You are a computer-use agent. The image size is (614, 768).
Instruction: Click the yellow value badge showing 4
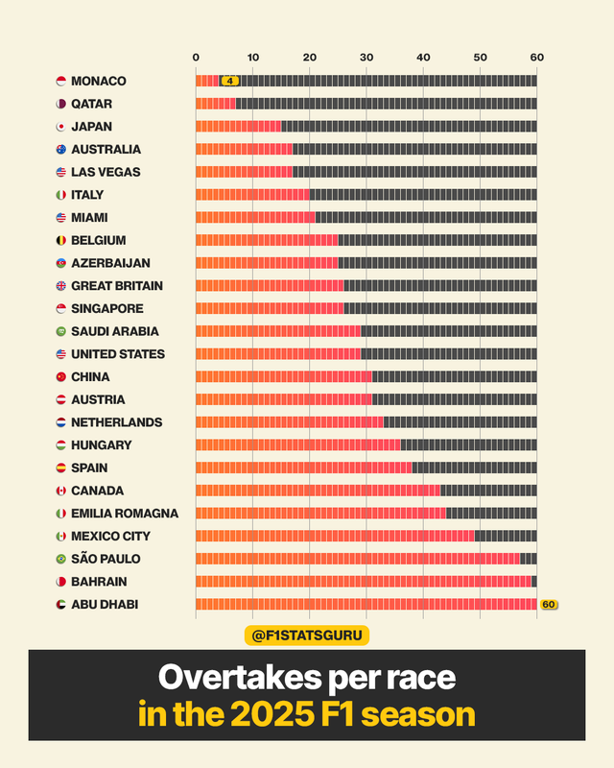tap(229, 81)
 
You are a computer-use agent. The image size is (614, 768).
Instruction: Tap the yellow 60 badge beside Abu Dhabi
tap(549, 605)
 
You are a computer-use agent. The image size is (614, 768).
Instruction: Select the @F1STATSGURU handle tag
tap(307, 635)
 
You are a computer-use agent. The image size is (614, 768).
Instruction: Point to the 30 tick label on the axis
tap(366, 58)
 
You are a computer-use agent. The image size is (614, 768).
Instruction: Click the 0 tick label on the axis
tap(196, 58)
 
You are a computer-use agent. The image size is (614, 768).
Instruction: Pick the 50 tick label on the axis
tap(480, 58)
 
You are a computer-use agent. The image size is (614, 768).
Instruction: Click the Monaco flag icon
tap(61, 82)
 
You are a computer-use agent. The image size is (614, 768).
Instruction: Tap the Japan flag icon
tap(61, 127)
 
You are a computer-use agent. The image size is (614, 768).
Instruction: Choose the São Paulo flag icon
tap(61, 559)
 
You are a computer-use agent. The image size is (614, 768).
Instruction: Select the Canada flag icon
tap(61, 491)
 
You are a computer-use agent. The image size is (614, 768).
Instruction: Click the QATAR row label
tap(92, 104)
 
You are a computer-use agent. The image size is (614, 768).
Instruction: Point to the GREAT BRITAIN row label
tap(117, 286)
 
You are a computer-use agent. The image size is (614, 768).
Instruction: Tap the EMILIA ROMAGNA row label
tap(119, 514)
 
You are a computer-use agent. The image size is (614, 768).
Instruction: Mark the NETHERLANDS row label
tap(116, 422)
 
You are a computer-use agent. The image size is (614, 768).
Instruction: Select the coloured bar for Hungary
tap(297, 444)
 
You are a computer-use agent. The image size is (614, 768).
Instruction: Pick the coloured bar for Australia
tap(244, 149)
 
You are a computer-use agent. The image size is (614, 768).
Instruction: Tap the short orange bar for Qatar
tap(215, 104)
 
